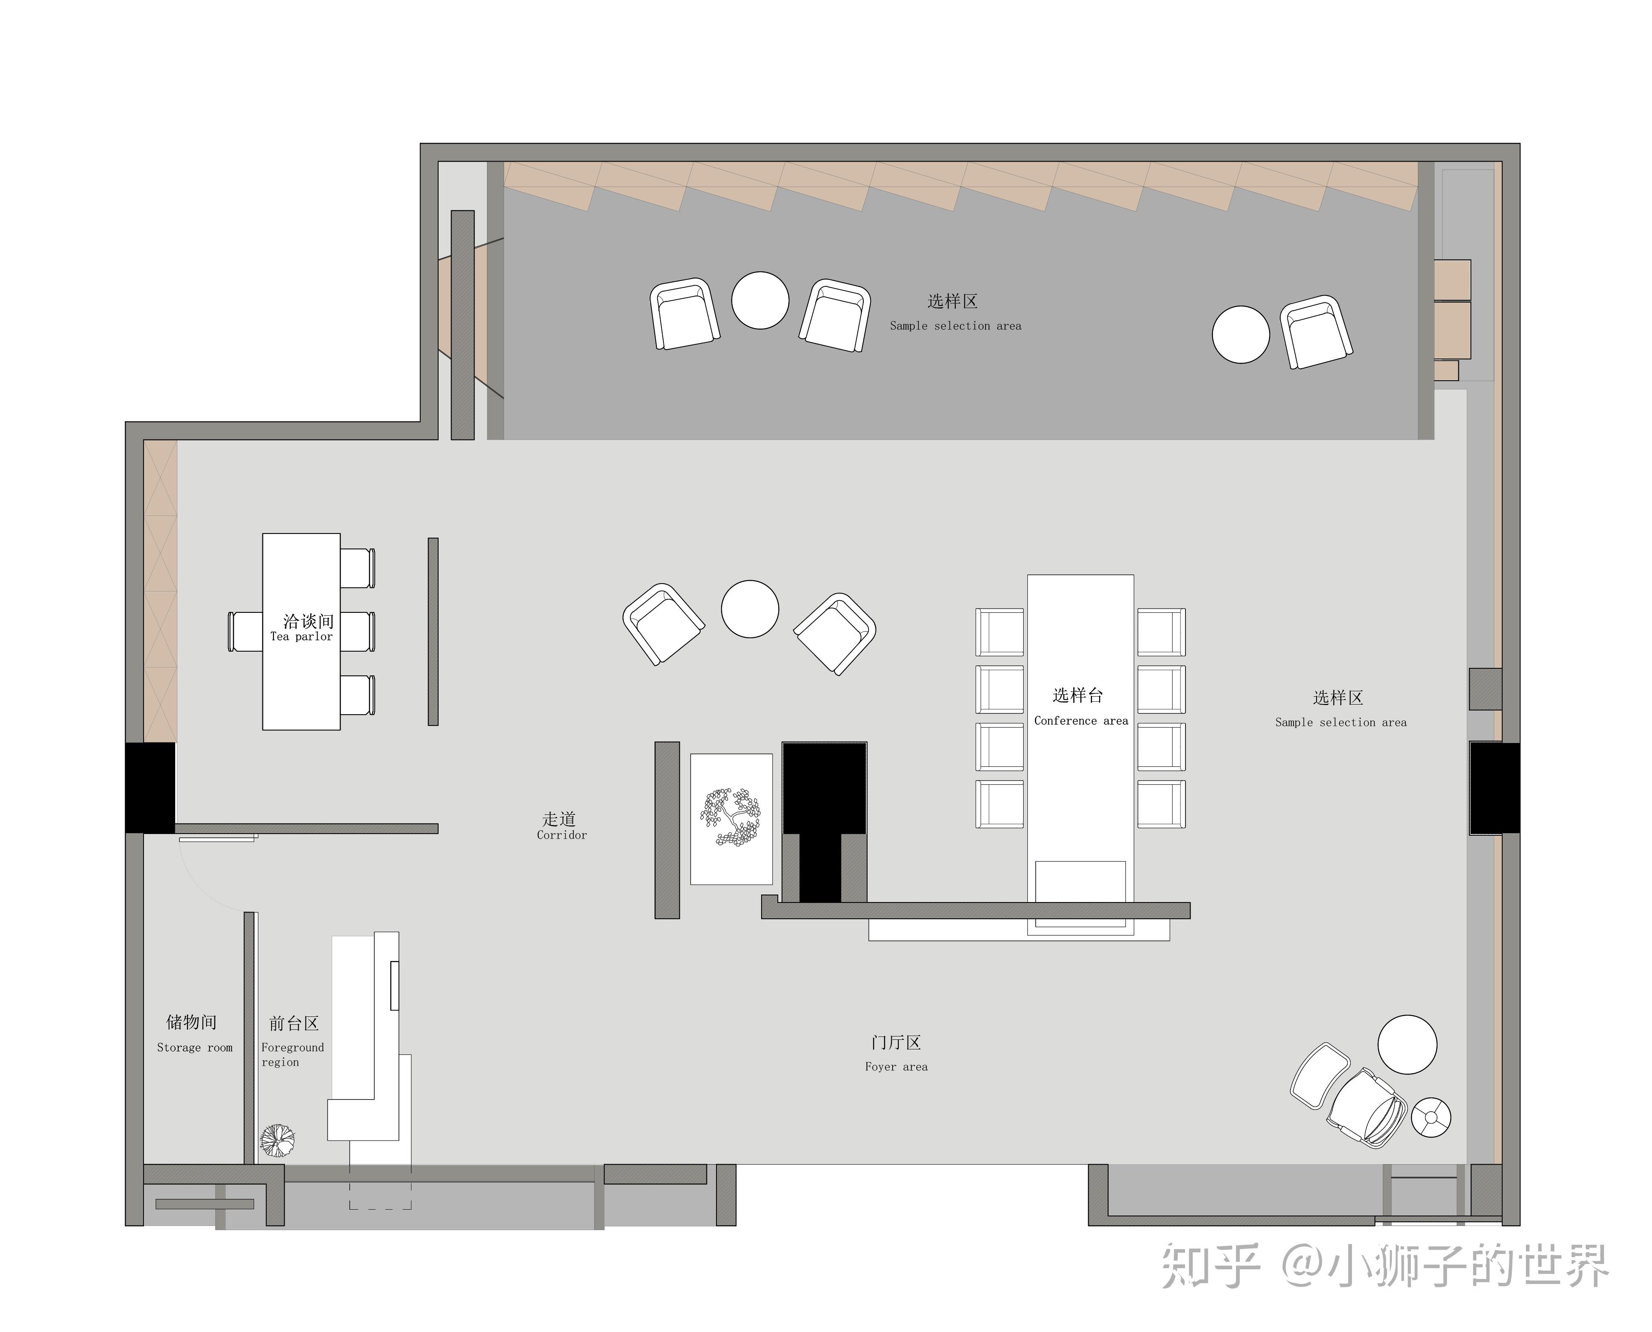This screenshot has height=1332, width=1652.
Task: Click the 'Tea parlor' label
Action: [x=301, y=637]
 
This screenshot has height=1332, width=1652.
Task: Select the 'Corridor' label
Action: [x=561, y=835]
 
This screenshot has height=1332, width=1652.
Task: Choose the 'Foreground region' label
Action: [x=292, y=1054]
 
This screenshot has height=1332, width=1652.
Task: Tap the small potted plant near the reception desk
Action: [x=277, y=1140]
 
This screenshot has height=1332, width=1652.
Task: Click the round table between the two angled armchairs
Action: [x=750, y=609]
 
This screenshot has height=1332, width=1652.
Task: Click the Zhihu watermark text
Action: [x=1385, y=1266]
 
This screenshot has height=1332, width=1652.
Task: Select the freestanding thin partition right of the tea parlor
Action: [x=433, y=632]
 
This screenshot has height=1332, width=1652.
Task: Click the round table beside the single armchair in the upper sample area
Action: [x=1241, y=334]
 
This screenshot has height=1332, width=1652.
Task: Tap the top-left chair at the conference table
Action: [x=999, y=632]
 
